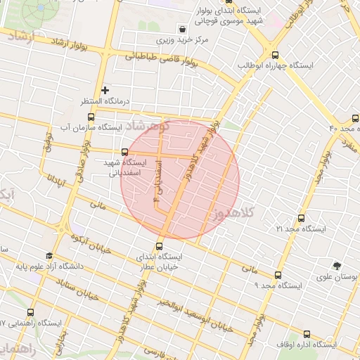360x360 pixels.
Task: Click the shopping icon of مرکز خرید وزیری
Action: tap(183, 30)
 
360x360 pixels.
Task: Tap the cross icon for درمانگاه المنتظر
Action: tap(105, 90)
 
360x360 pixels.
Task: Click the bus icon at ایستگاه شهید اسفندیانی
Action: tap(125, 151)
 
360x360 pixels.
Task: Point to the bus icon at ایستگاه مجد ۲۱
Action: tap(302, 219)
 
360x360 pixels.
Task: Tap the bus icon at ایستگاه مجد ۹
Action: tap(278, 275)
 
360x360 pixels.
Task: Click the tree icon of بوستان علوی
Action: tap(338, 266)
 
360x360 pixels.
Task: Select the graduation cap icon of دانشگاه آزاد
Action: tap(49, 256)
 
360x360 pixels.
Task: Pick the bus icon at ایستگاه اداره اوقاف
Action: tap(307, 334)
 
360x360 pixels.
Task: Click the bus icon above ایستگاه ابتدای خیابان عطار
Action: tap(160, 246)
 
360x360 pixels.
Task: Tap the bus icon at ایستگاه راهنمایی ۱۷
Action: tap(30, 311)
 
